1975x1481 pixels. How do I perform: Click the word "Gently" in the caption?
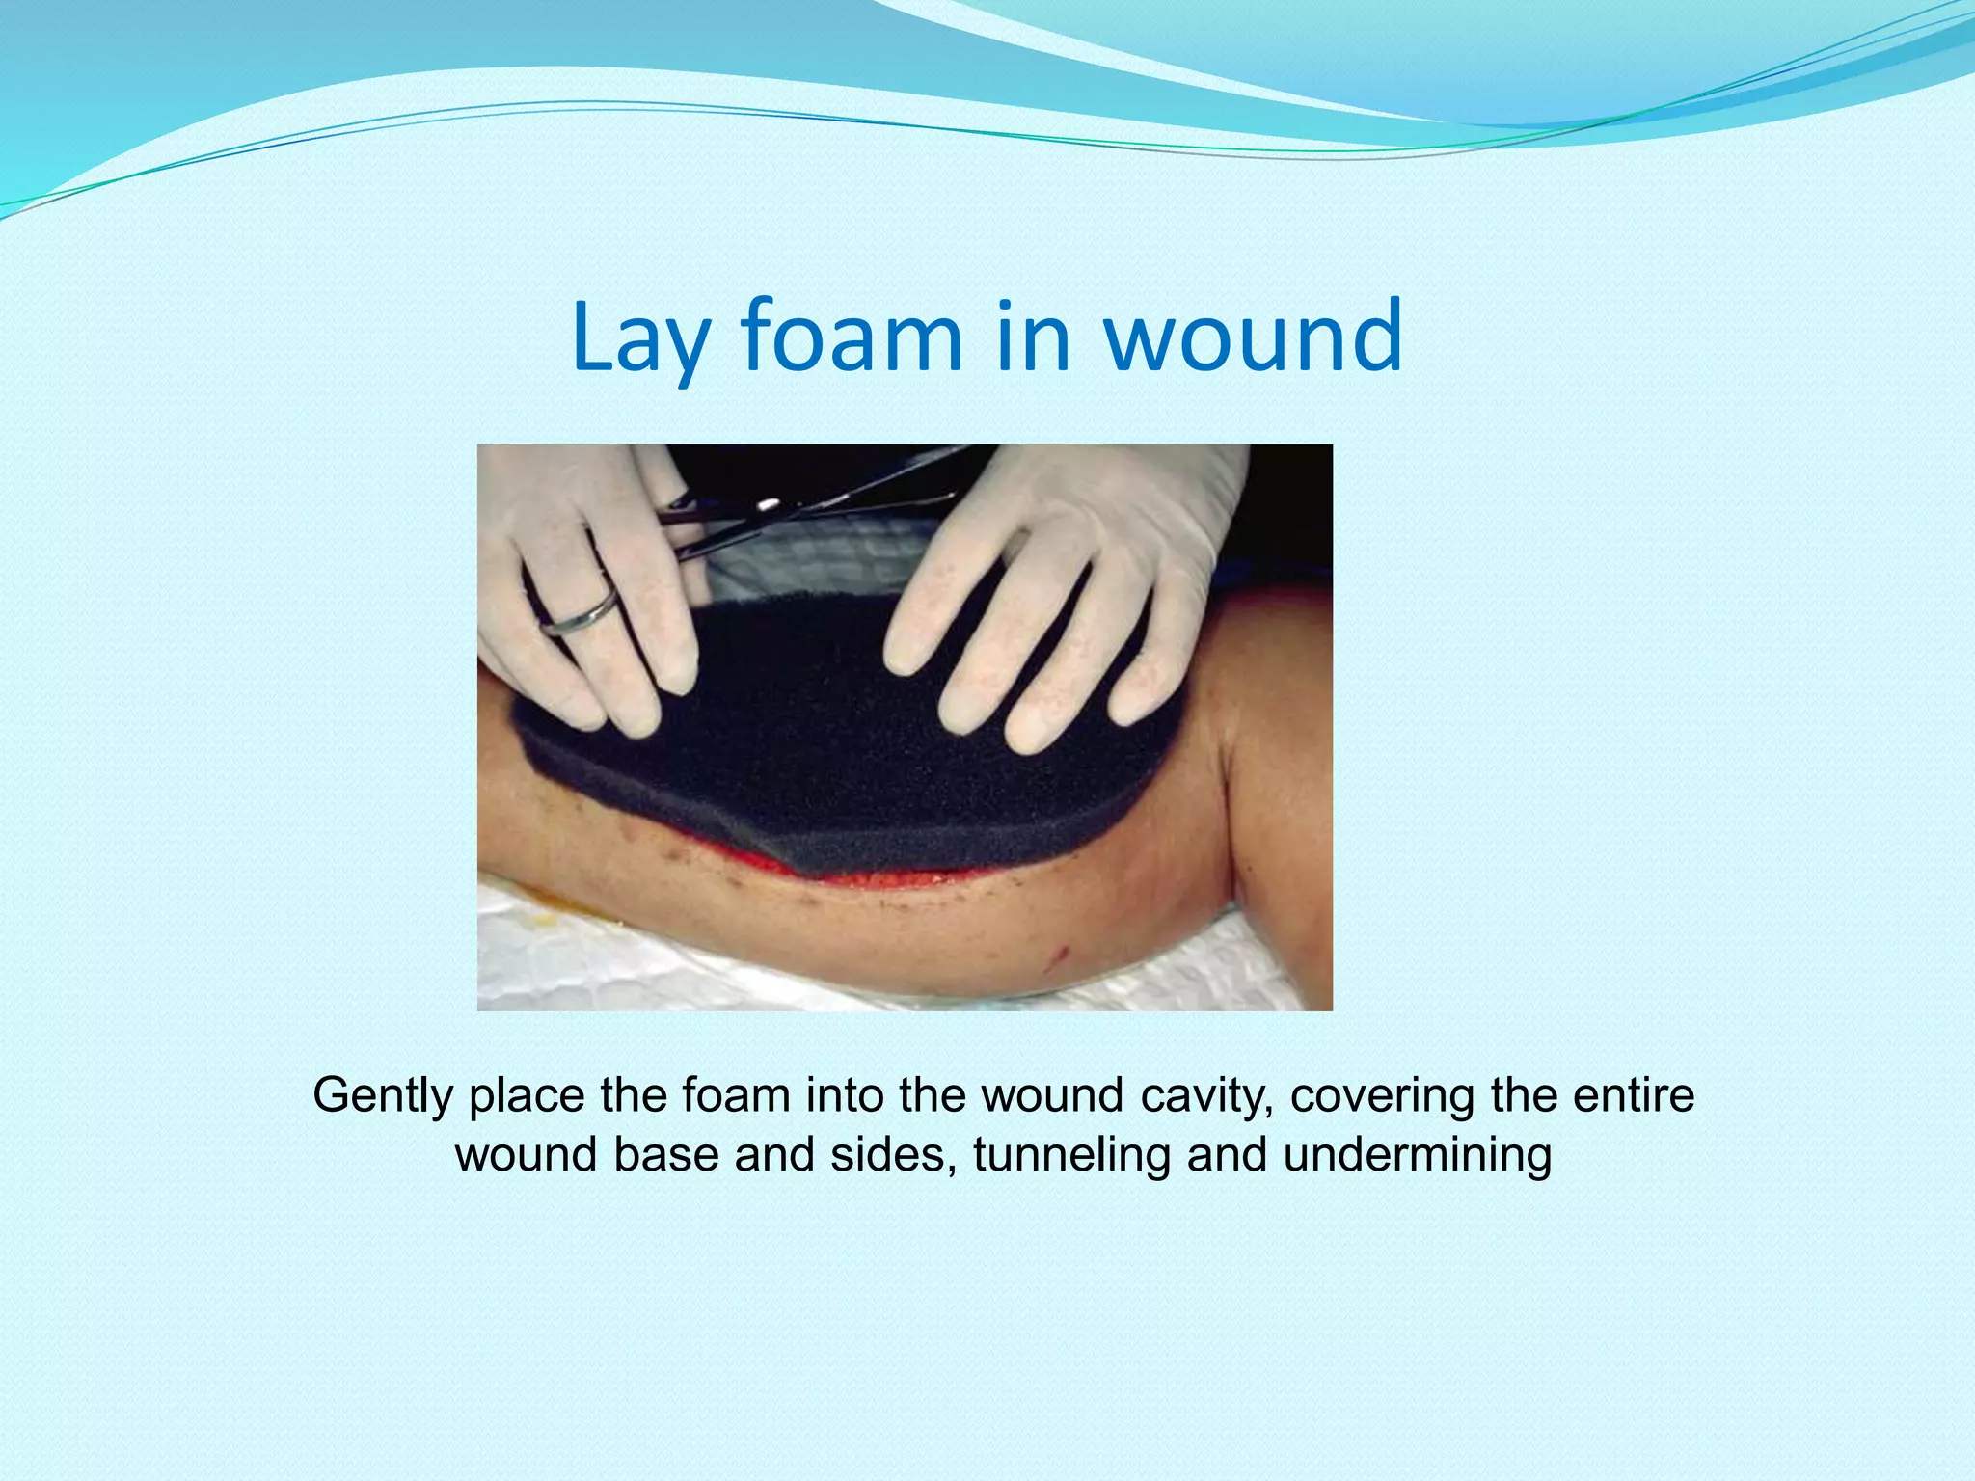click(382, 1096)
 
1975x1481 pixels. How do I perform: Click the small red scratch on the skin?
click(1061, 956)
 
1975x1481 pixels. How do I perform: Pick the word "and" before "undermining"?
click(1227, 1155)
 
